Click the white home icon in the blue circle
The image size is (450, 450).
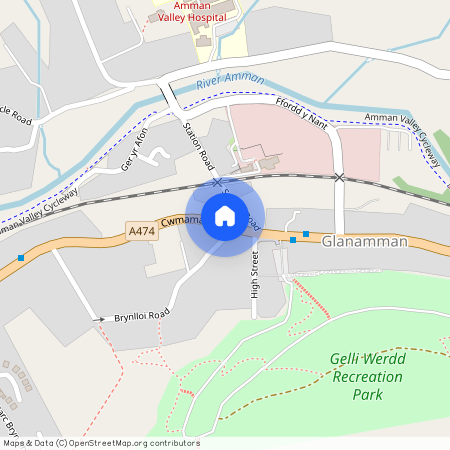click(225, 216)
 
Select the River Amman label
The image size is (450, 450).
click(230, 80)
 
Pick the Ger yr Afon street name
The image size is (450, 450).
click(134, 148)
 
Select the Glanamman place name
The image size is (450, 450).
click(366, 241)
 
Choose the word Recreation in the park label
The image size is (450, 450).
click(368, 377)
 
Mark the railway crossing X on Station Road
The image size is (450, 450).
click(216, 183)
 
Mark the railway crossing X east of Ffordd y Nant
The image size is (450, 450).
click(340, 177)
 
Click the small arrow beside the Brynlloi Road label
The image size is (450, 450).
click(99, 319)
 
